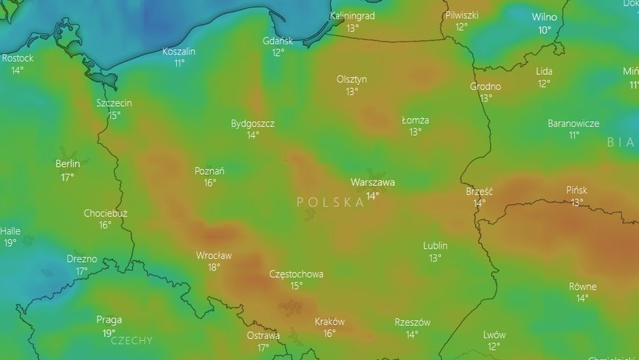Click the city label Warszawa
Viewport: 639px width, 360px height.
(x=372, y=182)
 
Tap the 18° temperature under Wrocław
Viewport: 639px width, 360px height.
(x=214, y=267)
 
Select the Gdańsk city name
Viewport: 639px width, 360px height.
(x=278, y=41)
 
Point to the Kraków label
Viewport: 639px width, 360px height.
(x=329, y=322)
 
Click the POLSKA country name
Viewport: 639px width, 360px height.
(x=330, y=202)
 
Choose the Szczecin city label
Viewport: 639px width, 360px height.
(x=114, y=103)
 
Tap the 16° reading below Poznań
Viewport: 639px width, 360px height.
(x=210, y=182)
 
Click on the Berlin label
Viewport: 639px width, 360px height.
(x=68, y=164)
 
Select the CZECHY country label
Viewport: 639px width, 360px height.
(x=132, y=340)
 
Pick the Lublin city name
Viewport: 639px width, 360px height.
(x=435, y=246)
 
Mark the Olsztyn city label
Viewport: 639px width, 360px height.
(x=352, y=79)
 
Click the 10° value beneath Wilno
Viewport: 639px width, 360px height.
(x=544, y=29)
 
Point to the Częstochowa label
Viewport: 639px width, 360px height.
(x=296, y=274)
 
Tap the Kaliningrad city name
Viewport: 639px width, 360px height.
(x=352, y=16)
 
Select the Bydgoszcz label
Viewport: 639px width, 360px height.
(x=253, y=124)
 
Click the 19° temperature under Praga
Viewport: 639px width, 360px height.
(x=109, y=333)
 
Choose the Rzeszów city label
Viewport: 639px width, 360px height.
(x=412, y=322)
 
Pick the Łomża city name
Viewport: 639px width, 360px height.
(x=415, y=120)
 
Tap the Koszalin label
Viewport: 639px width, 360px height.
(x=179, y=51)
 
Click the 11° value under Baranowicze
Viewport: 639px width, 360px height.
(x=573, y=135)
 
